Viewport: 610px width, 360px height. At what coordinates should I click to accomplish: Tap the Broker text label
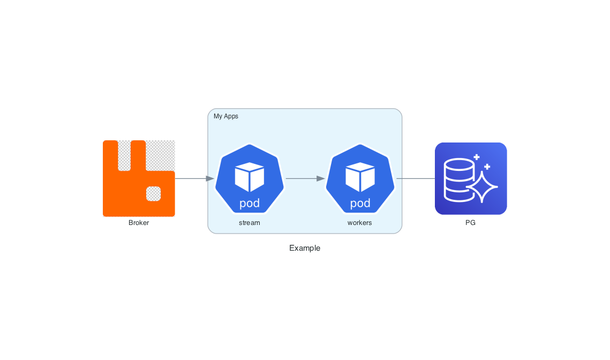(139, 223)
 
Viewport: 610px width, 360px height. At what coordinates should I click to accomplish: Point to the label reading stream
(250, 223)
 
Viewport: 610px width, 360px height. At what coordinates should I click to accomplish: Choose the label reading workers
(359, 223)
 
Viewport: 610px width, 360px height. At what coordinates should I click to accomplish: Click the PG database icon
(471, 178)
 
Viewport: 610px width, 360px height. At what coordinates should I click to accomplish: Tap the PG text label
(470, 223)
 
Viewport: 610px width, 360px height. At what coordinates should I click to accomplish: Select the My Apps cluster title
(226, 116)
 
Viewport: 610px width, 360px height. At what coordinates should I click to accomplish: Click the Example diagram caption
(305, 248)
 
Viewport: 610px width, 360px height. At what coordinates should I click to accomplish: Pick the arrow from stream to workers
(305, 178)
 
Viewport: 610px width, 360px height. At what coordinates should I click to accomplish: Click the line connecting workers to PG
(416, 178)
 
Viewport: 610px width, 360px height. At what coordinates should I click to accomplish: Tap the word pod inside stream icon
(250, 204)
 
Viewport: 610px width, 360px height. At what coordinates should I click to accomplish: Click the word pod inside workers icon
(360, 204)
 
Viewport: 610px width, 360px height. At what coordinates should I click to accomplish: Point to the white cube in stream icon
(250, 176)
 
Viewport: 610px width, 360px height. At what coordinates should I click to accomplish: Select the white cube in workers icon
(360, 176)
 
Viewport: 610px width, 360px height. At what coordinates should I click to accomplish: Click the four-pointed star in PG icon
(483, 186)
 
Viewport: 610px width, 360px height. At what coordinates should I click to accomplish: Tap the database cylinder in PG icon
(459, 179)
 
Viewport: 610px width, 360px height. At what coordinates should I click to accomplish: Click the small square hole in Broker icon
(154, 193)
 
